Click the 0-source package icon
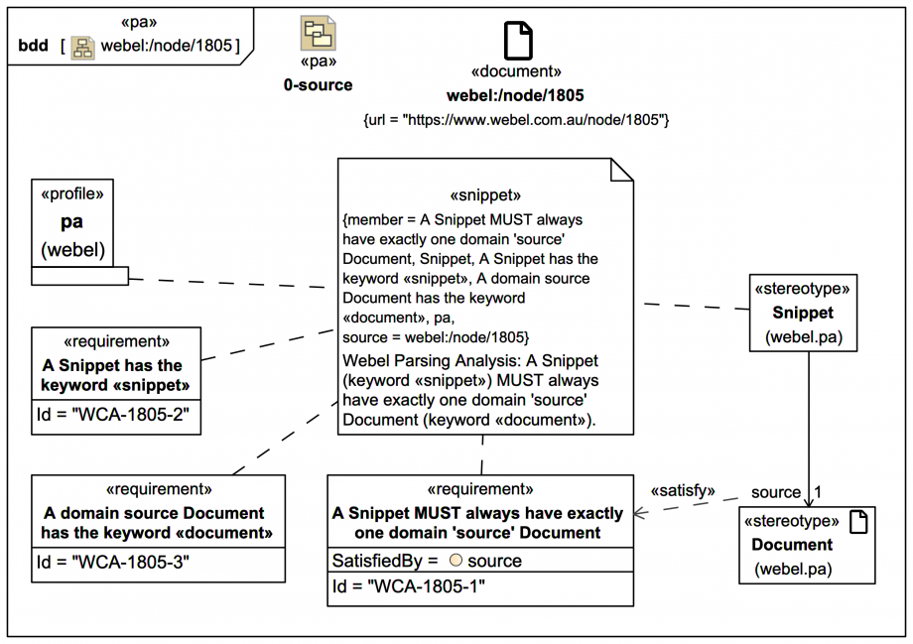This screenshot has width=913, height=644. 318,33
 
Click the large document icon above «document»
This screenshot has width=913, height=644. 518,41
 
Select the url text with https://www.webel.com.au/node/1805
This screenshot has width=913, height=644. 516,120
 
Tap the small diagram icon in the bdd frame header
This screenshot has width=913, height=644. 82,48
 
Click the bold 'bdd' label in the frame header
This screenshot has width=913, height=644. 33,46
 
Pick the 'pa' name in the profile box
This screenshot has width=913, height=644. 71,222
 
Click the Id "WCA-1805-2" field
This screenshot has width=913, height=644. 113,415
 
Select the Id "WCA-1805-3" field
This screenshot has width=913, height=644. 113,563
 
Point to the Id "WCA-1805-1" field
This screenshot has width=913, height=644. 409,586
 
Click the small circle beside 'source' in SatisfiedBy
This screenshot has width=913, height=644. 456,561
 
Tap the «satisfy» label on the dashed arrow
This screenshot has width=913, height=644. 683,491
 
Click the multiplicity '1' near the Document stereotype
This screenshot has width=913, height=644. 818,492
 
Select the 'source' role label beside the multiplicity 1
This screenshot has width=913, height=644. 776,492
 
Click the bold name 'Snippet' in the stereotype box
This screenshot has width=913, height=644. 803,313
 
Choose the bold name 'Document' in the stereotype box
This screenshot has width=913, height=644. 792,545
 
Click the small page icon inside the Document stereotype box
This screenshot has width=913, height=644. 858,522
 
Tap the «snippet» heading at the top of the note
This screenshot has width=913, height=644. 485,195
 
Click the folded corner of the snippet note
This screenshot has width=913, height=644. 622,170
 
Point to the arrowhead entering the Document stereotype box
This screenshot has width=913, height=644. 808,501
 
